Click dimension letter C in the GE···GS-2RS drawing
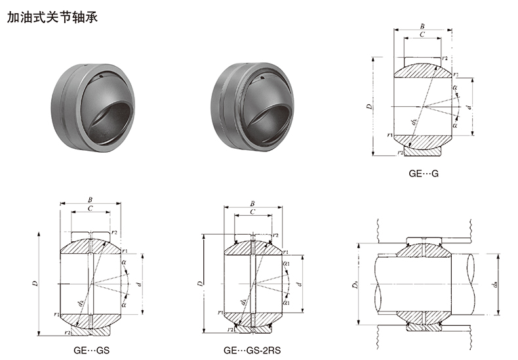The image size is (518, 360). tap(252, 212)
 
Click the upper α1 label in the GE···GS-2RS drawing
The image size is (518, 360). tap(287, 264)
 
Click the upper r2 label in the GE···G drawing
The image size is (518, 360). tap(445, 58)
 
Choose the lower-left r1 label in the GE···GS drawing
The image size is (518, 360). tap(58, 315)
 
